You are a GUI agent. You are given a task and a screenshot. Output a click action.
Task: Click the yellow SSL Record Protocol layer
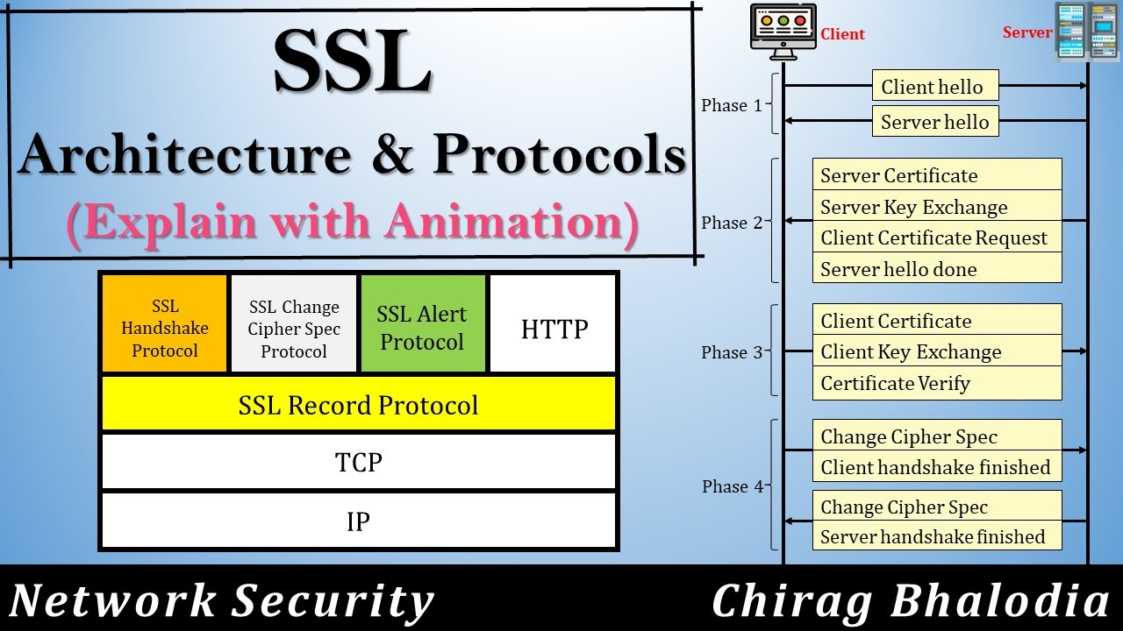359,405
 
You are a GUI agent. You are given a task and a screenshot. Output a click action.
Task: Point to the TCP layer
359,462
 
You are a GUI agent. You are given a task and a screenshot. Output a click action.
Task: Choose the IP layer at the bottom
359,521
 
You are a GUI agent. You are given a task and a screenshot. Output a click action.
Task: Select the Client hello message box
935,87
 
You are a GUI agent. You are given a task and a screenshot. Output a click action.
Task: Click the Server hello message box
935,122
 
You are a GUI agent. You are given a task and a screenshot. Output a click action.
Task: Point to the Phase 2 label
732,223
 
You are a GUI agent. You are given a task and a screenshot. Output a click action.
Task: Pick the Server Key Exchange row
937,207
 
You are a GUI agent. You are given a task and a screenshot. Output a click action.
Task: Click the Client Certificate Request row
937,238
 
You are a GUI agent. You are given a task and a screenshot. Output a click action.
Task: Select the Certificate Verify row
937,383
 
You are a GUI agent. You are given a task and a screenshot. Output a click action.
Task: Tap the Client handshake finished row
937,467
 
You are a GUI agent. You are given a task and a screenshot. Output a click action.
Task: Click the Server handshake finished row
937,536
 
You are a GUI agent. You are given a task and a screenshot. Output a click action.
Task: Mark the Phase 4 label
733,486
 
